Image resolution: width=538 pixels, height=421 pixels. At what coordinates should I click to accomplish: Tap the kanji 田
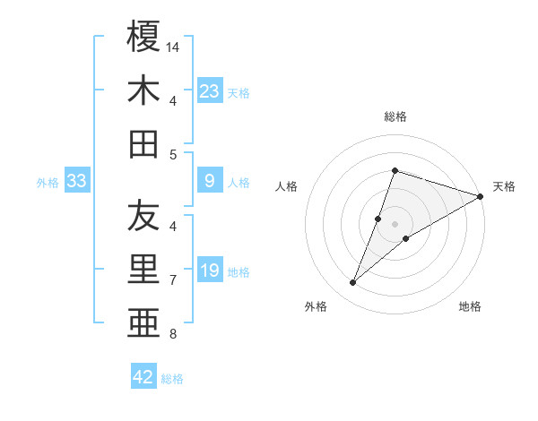[143, 144]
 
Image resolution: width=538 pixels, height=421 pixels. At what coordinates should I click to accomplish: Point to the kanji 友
[143, 216]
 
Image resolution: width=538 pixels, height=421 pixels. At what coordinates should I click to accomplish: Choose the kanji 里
[143, 271]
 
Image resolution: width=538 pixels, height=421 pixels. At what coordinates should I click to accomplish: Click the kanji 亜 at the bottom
[143, 323]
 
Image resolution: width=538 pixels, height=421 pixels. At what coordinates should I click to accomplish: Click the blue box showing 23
[210, 90]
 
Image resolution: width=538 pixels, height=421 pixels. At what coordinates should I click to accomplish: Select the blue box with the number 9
[210, 181]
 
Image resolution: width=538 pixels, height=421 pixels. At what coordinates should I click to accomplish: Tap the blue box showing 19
[210, 271]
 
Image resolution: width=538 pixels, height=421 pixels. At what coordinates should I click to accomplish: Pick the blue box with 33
[77, 181]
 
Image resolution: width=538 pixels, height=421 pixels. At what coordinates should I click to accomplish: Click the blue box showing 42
[143, 377]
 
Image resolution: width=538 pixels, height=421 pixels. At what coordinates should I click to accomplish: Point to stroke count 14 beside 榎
[174, 46]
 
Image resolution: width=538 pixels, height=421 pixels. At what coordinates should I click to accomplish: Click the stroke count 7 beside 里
[173, 280]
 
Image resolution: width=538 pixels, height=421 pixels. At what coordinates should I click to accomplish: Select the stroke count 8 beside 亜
[173, 335]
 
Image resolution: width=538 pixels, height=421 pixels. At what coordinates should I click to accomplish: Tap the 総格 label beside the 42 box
[172, 379]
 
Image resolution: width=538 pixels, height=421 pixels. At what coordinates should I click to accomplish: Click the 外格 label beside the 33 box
[48, 183]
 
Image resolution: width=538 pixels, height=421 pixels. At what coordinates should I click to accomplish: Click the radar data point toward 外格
[353, 283]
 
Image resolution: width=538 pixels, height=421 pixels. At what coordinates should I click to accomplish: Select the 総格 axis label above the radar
[395, 116]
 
